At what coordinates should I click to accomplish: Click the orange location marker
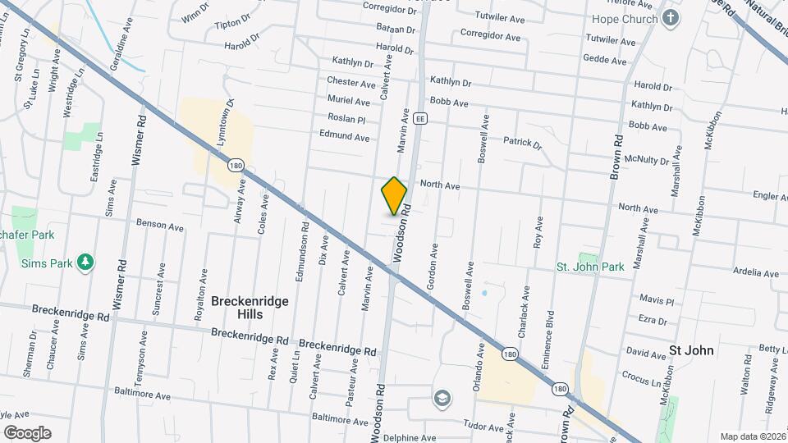click(x=395, y=196)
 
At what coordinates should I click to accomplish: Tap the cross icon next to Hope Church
click(x=671, y=18)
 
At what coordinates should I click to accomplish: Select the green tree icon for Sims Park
click(x=85, y=263)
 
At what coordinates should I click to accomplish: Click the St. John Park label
click(x=590, y=267)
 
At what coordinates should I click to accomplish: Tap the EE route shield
click(x=420, y=118)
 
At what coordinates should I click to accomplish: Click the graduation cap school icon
click(x=442, y=398)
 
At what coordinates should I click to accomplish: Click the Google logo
click(x=27, y=433)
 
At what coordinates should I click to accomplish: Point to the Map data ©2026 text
click(x=752, y=436)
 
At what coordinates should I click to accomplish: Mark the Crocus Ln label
click(x=643, y=381)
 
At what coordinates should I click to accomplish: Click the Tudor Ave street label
click(x=483, y=427)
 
